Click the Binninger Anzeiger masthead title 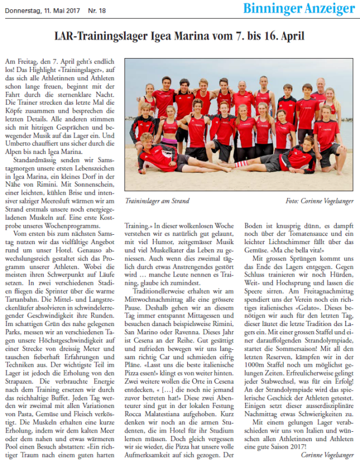(299, 9)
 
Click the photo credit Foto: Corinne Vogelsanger (319, 201)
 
